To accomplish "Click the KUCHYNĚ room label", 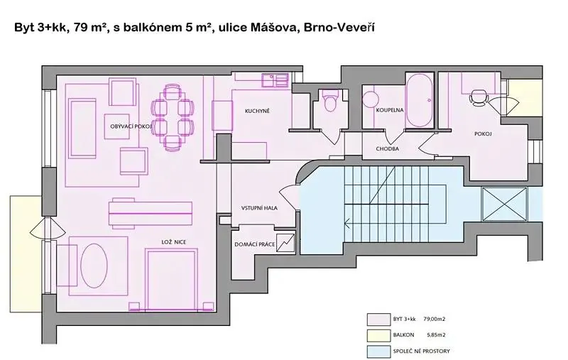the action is (x=257, y=111).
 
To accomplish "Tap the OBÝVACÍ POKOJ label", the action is (x=131, y=126).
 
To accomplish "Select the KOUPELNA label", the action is (x=390, y=110).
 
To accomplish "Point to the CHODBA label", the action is (x=387, y=148).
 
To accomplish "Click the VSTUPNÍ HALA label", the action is (x=259, y=208).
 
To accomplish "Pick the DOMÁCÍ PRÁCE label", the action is (x=255, y=244).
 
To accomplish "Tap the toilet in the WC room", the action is (x=330, y=101).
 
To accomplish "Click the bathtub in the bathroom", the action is (x=420, y=100).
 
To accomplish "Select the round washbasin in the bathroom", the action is (x=371, y=99).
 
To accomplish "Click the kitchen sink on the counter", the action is (x=275, y=80).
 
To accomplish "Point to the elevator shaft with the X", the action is (x=505, y=204).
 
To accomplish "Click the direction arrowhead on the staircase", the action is (x=347, y=224).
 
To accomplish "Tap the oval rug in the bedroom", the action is (x=94, y=266).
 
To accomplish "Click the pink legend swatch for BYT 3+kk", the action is (x=378, y=320).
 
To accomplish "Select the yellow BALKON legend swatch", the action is (x=378, y=335).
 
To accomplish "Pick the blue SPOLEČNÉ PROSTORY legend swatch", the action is (x=378, y=351).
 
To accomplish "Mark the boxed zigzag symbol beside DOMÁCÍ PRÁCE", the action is (x=286, y=242).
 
